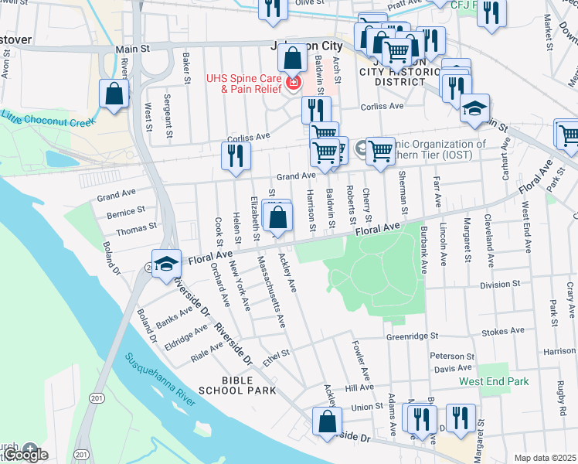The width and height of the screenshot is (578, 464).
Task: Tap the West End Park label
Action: click(493, 381)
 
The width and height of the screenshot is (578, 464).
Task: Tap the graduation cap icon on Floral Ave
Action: click(165, 264)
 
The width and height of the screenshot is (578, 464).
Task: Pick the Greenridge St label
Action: click(412, 336)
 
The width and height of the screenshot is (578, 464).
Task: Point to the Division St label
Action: click(500, 285)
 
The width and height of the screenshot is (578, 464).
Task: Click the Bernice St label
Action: click(125, 211)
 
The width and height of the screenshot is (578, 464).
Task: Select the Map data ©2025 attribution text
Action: click(545, 458)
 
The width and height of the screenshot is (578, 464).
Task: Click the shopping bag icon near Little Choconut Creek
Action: click(114, 94)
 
